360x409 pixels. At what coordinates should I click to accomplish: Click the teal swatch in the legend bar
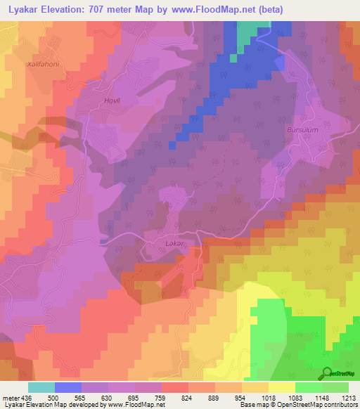[41, 387]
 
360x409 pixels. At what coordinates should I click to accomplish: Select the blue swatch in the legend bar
[68, 387]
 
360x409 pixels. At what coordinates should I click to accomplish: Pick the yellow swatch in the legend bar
[282, 387]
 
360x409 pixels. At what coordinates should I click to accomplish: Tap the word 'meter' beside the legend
[10, 398]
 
